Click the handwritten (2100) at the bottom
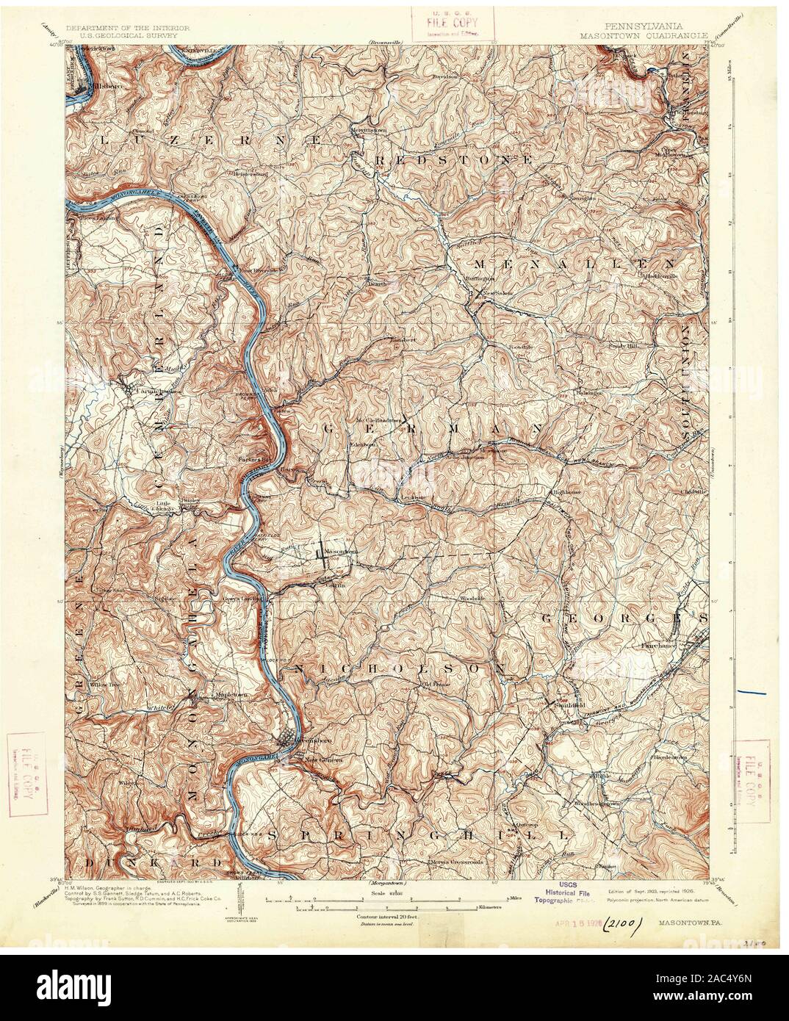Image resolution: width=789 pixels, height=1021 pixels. coord(623,921)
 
